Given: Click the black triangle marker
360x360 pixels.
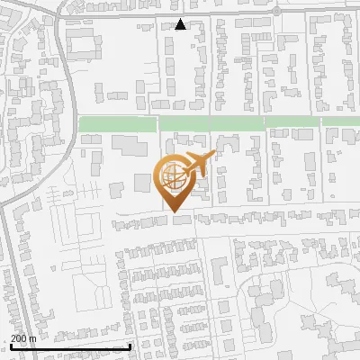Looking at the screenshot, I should (x=181, y=24).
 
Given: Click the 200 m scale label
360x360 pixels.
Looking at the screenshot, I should (x=22, y=337).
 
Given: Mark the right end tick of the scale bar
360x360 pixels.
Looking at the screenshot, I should (x=130, y=346).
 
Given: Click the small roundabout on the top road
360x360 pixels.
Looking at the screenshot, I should (x=276, y=11).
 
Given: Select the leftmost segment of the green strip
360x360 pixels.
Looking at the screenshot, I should (x=118, y=123).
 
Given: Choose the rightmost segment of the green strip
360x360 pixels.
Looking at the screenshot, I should (x=341, y=121).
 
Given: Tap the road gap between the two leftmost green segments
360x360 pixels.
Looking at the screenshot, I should (x=158, y=123).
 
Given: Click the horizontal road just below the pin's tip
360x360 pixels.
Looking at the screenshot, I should (x=180, y=221).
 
